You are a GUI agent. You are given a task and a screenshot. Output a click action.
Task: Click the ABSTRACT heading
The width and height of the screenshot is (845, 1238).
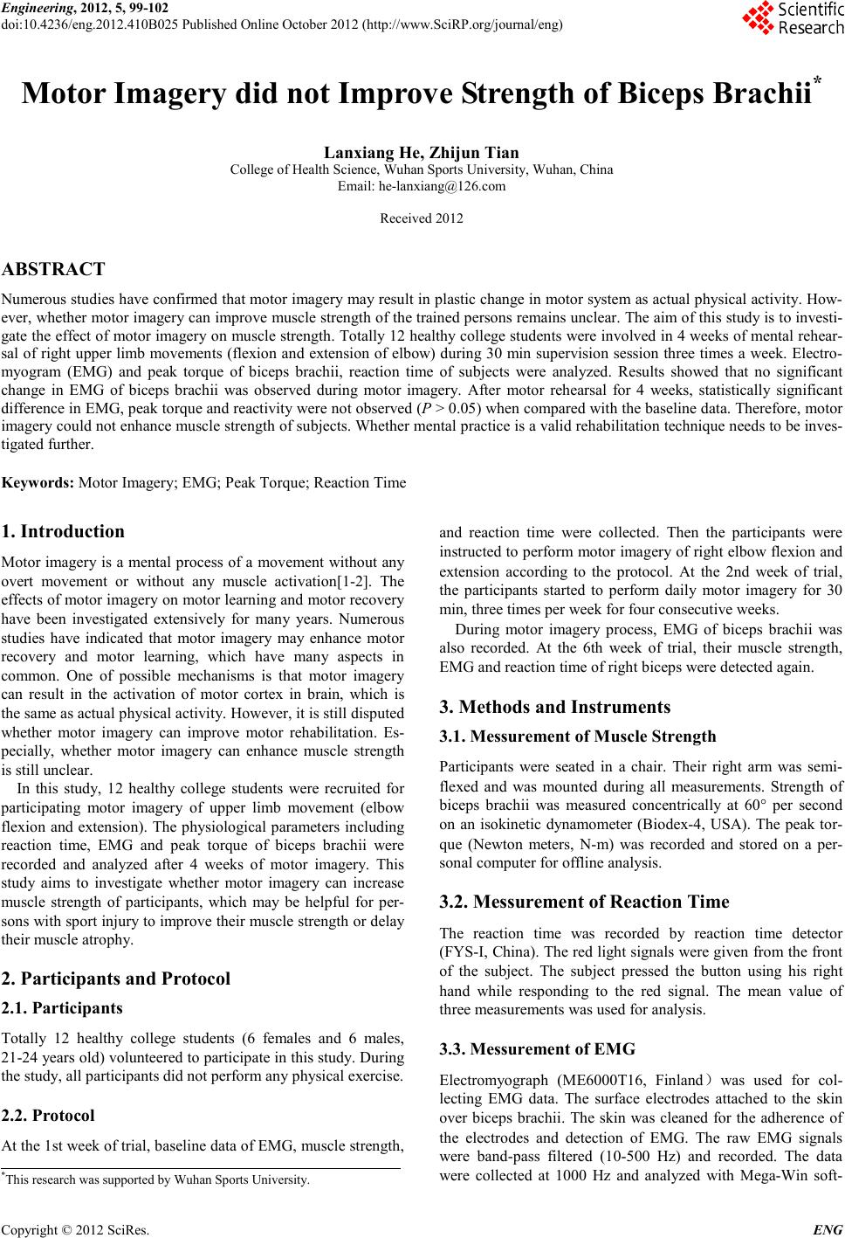(54, 269)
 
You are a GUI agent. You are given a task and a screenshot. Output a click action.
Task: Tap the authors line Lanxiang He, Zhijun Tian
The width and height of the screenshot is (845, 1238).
(422, 154)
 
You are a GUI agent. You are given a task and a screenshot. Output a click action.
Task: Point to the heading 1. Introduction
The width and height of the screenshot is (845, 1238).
(64, 531)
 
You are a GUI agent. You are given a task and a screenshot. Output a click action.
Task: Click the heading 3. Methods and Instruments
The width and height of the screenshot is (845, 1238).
(556, 706)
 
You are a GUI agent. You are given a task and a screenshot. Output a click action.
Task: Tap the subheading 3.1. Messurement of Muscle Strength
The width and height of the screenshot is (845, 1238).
(578, 737)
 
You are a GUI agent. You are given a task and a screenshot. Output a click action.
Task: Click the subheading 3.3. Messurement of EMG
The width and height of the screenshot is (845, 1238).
(538, 1049)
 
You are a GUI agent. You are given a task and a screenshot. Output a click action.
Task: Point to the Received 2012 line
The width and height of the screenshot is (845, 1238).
(422, 218)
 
